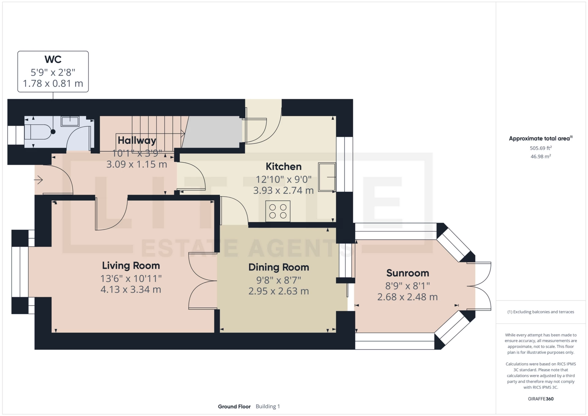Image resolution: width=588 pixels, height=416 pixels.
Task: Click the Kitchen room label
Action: click(x=284, y=166)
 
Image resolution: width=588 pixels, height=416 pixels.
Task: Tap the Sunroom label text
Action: click(x=408, y=273)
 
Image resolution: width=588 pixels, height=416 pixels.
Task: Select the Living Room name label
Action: click(x=131, y=266)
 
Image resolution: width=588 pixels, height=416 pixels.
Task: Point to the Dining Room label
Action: click(x=279, y=267)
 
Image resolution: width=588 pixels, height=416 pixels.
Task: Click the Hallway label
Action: click(x=137, y=140)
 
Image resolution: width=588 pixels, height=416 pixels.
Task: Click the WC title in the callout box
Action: click(x=53, y=59)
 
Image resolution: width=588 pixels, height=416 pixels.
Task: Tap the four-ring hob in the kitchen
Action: click(x=278, y=211)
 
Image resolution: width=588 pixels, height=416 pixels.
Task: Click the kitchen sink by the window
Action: click(x=327, y=177)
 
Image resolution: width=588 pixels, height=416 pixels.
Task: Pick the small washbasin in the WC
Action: click(x=70, y=121)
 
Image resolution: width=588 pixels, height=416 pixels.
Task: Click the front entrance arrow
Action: click(x=38, y=180)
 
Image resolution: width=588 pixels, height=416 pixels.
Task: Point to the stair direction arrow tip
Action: click(x=185, y=134)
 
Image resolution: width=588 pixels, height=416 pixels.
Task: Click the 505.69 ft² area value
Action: click(x=541, y=148)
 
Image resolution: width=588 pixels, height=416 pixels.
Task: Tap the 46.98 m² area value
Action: click(x=541, y=156)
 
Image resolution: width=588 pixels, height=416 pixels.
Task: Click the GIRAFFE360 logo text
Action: click(x=541, y=399)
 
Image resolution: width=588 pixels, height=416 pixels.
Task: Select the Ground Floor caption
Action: click(x=234, y=407)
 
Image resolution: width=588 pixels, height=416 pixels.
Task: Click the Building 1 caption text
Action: click(x=268, y=407)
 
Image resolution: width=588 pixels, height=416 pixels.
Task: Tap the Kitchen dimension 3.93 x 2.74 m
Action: click(x=284, y=191)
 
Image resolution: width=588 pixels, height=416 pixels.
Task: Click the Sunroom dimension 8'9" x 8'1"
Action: click(x=408, y=286)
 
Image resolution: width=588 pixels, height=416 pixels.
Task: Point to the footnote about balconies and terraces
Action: click(x=541, y=312)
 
